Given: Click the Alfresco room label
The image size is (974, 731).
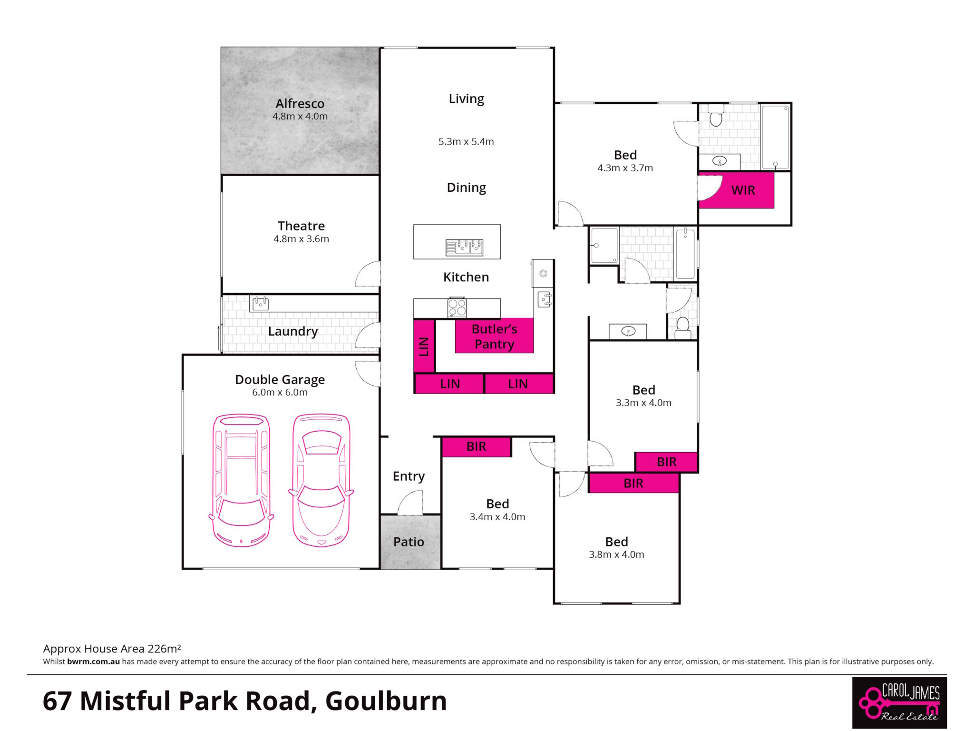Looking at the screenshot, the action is (300, 103).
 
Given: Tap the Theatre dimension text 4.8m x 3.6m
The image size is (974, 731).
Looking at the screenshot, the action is (301, 239).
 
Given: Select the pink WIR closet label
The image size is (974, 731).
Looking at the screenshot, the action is (743, 190).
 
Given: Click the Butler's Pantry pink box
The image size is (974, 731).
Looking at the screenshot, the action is (494, 336).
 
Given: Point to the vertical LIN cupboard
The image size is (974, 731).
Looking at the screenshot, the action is (424, 346).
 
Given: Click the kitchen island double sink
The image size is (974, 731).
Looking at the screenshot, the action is (464, 247).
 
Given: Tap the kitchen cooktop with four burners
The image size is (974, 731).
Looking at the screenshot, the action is (457, 307).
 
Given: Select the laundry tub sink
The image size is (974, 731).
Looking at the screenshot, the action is (261, 303).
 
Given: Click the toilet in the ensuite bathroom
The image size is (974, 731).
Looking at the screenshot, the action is (716, 115).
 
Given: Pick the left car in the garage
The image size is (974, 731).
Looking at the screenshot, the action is (241, 480).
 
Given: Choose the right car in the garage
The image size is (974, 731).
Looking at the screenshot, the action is (321, 480).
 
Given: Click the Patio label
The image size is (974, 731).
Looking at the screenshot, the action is (409, 542).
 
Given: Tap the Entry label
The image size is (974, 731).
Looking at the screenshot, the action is (409, 476).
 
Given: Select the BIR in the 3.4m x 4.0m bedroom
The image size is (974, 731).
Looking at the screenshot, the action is (477, 447).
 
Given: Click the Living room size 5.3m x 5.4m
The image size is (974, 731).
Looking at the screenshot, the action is (466, 142).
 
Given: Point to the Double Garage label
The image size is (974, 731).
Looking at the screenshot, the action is (280, 380).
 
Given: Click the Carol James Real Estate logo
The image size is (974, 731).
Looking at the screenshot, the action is (899, 703).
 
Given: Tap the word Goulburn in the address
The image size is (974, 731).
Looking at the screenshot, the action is (386, 701).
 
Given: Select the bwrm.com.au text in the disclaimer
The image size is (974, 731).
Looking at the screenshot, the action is (94, 662).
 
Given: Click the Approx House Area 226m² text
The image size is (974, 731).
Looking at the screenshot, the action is (112, 649).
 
